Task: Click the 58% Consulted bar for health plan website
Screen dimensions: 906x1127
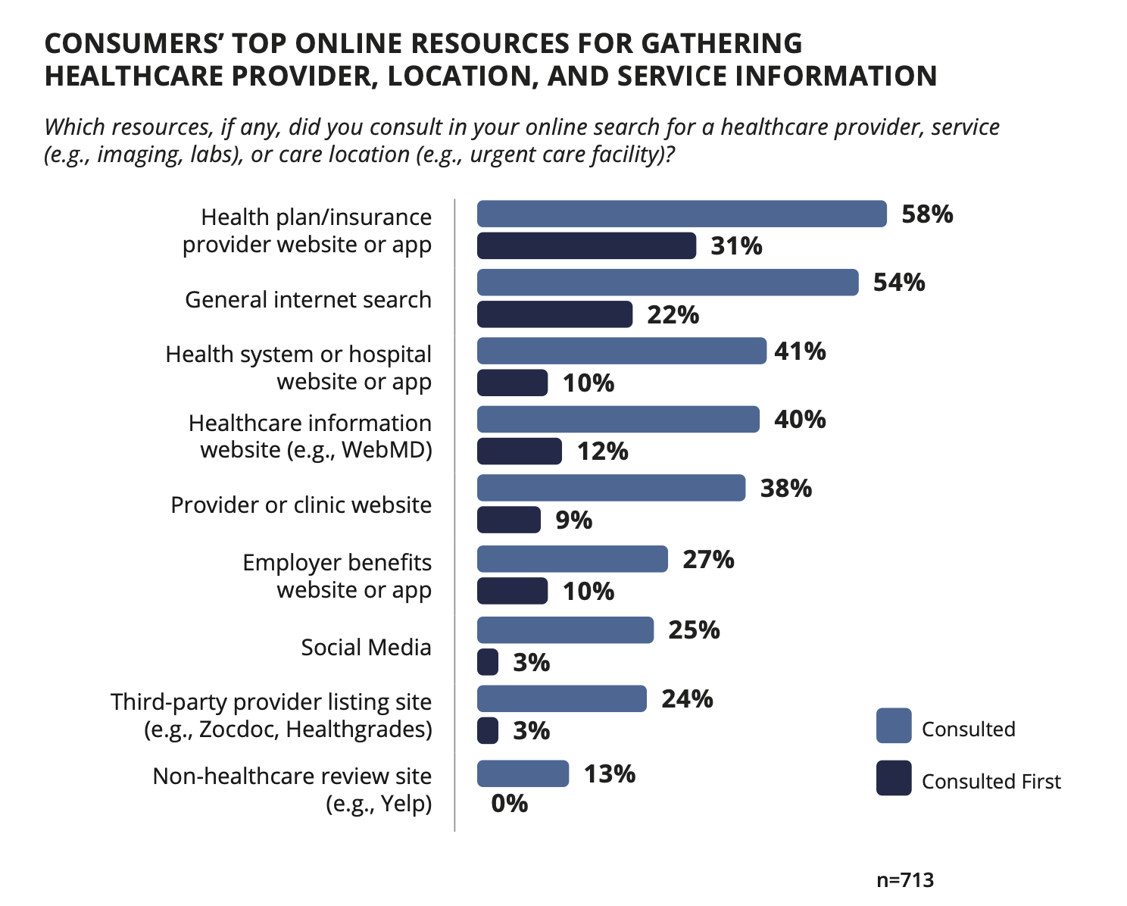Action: click(682, 214)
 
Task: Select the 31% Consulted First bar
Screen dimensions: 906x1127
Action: click(586, 246)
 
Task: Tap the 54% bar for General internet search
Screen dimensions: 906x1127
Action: click(667, 283)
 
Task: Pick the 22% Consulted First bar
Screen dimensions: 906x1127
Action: click(554, 314)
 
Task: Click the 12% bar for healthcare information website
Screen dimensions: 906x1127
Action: click(520, 451)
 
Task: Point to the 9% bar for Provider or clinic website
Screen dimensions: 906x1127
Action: click(509, 520)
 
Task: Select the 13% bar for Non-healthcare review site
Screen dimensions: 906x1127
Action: click(523, 773)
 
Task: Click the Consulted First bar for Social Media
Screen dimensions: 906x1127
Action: click(488, 662)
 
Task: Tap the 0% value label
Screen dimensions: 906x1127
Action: click(510, 804)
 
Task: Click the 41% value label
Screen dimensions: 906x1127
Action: click(800, 351)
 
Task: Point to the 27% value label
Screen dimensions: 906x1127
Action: click(708, 560)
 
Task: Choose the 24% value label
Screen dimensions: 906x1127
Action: click(687, 699)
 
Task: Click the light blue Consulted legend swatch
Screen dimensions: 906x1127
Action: click(894, 726)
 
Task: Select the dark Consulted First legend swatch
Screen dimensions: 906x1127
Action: click(894, 779)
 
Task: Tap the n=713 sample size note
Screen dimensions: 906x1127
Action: click(905, 880)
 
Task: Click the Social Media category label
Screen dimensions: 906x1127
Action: click(366, 648)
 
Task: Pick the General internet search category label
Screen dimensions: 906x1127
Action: click(308, 300)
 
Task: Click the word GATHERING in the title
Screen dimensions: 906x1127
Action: click(722, 44)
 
